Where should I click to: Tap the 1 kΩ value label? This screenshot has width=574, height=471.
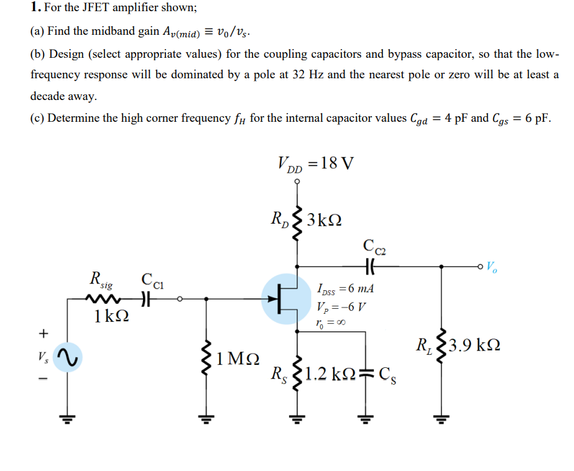(x=111, y=315)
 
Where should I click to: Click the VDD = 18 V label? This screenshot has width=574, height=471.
(x=315, y=163)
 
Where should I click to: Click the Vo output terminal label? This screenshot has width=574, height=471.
(x=491, y=268)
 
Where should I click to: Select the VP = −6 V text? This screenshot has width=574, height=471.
(x=341, y=306)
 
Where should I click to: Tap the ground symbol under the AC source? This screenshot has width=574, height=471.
(x=67, y=417)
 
